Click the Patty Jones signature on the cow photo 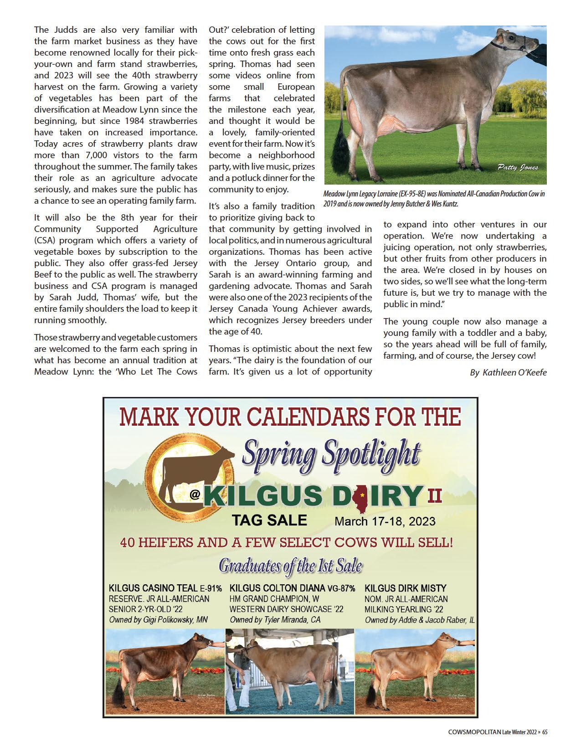pos(517,168)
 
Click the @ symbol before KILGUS pos(195,497)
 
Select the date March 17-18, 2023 pos(385,521)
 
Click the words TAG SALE pos(269,520)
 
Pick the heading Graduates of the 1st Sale pos(290,566)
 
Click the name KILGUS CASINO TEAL pos(153,588)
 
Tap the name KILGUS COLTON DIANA pos(278,588)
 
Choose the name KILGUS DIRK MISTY pos(406,588)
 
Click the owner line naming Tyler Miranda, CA pos(275,620)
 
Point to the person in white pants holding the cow pos(238,670)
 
